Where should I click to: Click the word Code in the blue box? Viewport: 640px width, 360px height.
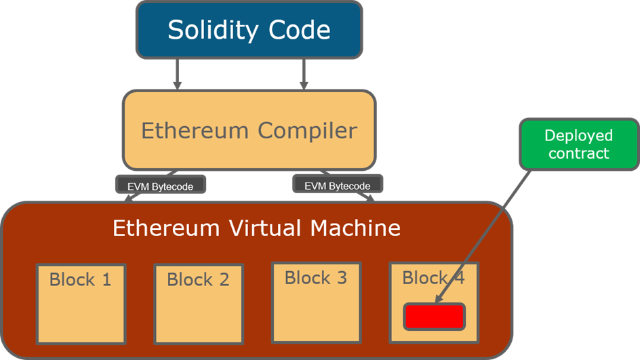coord(298,30)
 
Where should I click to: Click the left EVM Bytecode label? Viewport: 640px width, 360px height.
coord(161,185)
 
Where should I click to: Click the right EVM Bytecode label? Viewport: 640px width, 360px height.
coord(337,185)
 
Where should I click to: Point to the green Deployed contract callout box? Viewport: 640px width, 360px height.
coord(579,144)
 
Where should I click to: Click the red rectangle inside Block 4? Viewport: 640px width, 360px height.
coord(435,317)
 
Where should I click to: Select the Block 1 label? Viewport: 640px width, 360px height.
coord(80,279)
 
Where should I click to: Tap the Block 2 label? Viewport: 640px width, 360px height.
coord(198,279)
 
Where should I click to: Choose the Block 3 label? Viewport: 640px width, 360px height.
coord(316,277)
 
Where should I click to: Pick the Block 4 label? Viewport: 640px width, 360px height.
coord(433,277)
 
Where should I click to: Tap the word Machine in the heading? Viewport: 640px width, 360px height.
coord(355,228)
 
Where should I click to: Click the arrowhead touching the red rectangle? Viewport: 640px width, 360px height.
coord(438,298)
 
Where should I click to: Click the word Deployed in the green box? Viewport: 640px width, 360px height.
coord(579,136)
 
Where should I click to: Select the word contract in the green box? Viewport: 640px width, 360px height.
coord(579,153)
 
